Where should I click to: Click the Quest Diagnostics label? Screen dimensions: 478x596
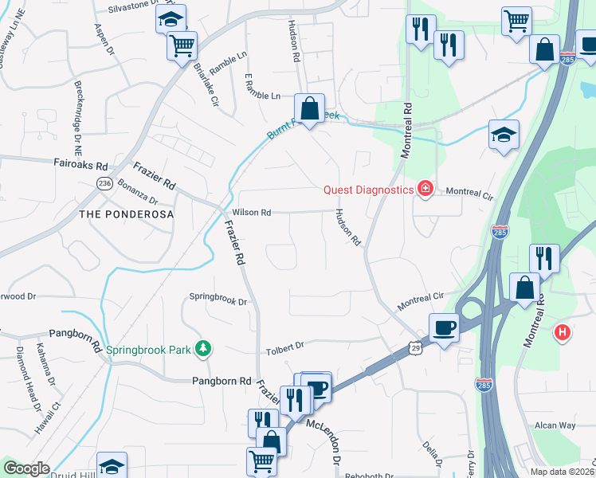pos(367,190)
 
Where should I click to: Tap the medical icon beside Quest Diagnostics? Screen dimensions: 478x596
pos(425,190)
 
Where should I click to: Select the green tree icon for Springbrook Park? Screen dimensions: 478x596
pos(204,348)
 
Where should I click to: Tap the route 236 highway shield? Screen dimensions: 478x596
pos(104,183)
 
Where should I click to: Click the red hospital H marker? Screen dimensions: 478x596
pos(563,331)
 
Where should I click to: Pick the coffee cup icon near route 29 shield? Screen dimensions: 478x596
pos(444,327)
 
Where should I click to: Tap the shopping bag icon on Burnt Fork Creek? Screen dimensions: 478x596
pos(309,108)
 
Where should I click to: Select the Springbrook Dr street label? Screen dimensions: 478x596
pos(218,302)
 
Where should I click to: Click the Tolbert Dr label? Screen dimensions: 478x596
pos(284,347)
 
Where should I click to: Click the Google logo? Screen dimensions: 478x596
pos(26,468)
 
